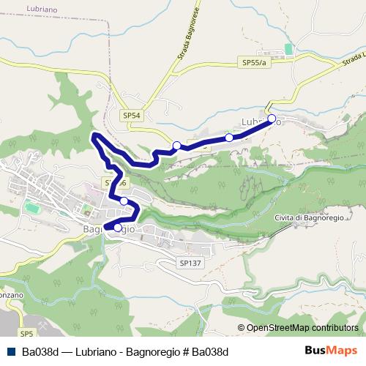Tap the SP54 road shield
(x=132, y=115)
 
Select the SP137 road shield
(x=189, y=261)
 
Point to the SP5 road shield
(x=27, y=334)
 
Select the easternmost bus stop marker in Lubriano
(x=271, y=119)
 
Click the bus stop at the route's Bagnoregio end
(x=118, y=228)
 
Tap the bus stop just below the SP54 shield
(x=124, y=201)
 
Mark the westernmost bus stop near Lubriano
(x=176, y=146)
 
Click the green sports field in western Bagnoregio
(x=32, y=208)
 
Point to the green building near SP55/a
(x=288, y=49)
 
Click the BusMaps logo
(x=330, y=351)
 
